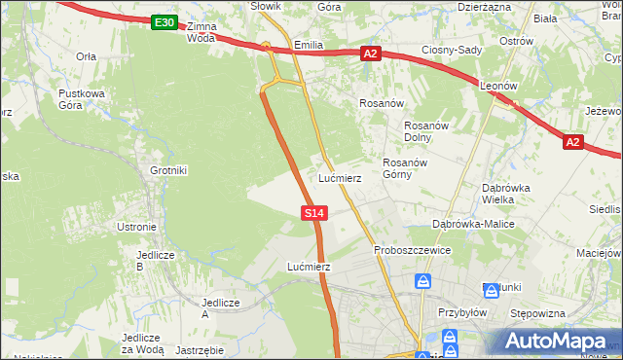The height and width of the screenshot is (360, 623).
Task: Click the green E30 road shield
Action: click(165, 22)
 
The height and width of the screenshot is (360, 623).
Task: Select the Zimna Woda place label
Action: click(202, 32)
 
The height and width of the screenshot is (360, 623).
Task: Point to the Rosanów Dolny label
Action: click(425, 131)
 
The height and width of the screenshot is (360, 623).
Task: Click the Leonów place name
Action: click(499, 87)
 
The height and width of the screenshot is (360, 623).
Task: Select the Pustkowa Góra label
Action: click(81, 99)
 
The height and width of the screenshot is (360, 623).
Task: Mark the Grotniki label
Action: click(168, 170)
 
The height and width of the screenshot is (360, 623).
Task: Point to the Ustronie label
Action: click(136, 227)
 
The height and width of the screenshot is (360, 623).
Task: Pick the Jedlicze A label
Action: click(220, 307)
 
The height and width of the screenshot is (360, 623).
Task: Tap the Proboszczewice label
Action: click(413, 250)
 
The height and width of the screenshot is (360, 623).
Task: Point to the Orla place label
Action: click(86, 56)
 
